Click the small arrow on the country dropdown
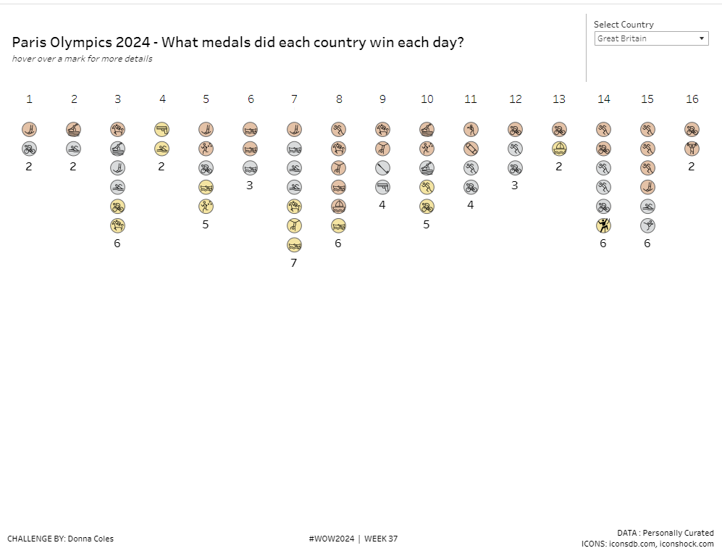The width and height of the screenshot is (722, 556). coord(702,38)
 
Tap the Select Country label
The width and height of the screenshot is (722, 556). coord(623,25)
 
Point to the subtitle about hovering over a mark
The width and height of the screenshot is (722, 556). coord(82,59)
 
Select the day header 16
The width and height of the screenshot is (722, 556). coord(692,99)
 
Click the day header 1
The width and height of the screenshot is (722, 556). coord(29,99)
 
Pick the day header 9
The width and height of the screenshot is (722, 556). coord(382,99)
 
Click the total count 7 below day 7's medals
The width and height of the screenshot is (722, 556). coord(294,262)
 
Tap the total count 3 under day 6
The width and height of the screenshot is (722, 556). coord(250,186)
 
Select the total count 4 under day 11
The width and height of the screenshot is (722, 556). coord(471,205)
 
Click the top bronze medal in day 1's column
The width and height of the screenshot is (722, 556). coord(29,130)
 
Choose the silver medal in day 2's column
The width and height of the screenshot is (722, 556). coord(73,149)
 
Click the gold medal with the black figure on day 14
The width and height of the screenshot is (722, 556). coord(603,225)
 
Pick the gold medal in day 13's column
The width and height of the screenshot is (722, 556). coord(559,149)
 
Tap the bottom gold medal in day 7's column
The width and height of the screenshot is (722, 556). coord(294,244)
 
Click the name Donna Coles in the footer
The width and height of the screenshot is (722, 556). coord(91,539)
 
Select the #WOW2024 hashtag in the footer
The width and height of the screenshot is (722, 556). coord(332,539)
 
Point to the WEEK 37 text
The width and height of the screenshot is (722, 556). coord(381,539)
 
